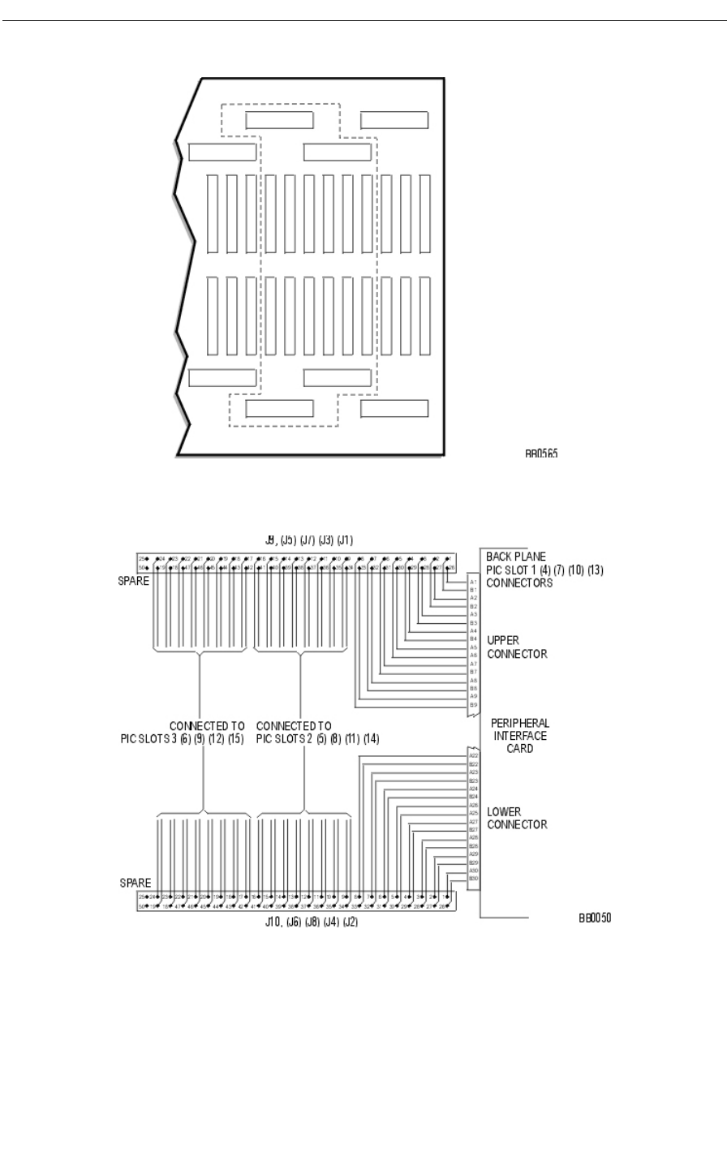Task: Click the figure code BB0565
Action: pos(540,454)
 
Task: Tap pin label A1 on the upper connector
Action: pos(473,581)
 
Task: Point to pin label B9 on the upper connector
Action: pos(473,705)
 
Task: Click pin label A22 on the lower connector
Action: pos(473,755)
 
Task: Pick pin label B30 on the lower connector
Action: pos(473,879)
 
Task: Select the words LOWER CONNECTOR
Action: pos(517,819)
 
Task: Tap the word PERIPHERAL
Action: pos(520,723)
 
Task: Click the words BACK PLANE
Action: pos(516,557)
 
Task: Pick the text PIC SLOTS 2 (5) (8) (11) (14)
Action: pos(317,739)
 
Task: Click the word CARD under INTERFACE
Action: pos(520,749)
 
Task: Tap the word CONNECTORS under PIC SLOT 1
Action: pos(519,583)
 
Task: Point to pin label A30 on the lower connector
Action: pos(473,871)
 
